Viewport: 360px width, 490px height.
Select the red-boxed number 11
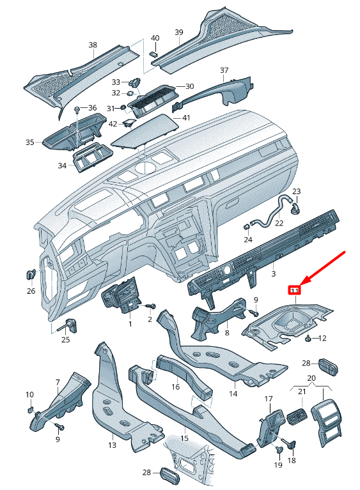tap(295, 290)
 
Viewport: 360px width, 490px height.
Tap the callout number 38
tap(93, 45)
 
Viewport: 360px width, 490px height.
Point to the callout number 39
tap(179, 32)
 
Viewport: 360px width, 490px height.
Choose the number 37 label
tap(224, 70)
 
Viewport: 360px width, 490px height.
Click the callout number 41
tap(186, 118)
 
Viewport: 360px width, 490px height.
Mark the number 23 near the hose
tap(296, 191)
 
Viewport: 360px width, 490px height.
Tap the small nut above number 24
tap(246, 226)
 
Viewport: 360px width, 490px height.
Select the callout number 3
tap(273, 273)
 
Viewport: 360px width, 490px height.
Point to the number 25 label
tap(65, 339)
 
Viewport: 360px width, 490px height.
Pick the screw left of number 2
tap(152, 306)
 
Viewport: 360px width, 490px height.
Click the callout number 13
tap(112, 444)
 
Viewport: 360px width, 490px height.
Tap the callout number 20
tap(311, 378)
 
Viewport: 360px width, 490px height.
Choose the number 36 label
tap(92, 107)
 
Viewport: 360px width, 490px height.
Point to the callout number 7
tap(57, 383)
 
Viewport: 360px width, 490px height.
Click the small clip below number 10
tap(29, 410)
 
